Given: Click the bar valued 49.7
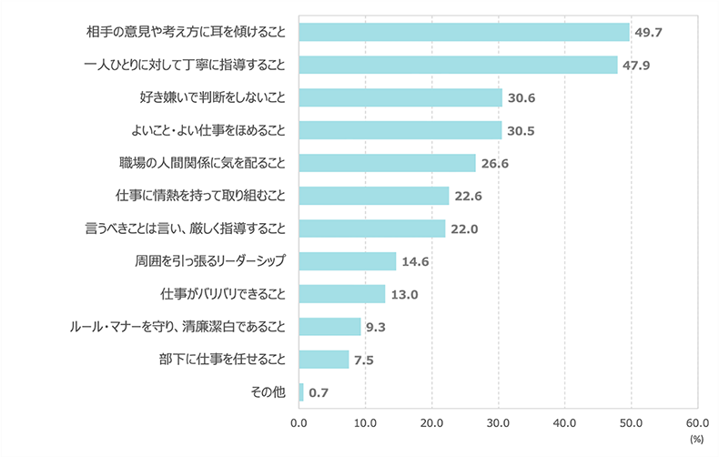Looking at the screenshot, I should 464,32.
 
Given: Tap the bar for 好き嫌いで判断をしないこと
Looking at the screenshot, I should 400,97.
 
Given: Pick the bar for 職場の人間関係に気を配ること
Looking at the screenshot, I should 387,163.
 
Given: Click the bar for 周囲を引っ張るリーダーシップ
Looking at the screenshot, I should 347,261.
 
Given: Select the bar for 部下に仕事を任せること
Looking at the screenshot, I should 323,360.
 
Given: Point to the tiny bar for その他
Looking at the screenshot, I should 301,392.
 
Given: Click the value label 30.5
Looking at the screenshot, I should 520,131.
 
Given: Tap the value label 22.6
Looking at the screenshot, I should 467,197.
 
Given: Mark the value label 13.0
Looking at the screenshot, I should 403,295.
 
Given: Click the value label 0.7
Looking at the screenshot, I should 319,393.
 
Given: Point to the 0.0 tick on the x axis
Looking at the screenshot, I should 299,422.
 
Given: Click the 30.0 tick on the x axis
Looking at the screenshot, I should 498,422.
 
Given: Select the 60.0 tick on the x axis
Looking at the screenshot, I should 697,422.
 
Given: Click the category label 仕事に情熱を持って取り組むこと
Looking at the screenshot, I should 201,196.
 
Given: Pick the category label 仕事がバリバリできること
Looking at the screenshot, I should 223,294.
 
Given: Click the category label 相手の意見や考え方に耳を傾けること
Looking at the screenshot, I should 187,32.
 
